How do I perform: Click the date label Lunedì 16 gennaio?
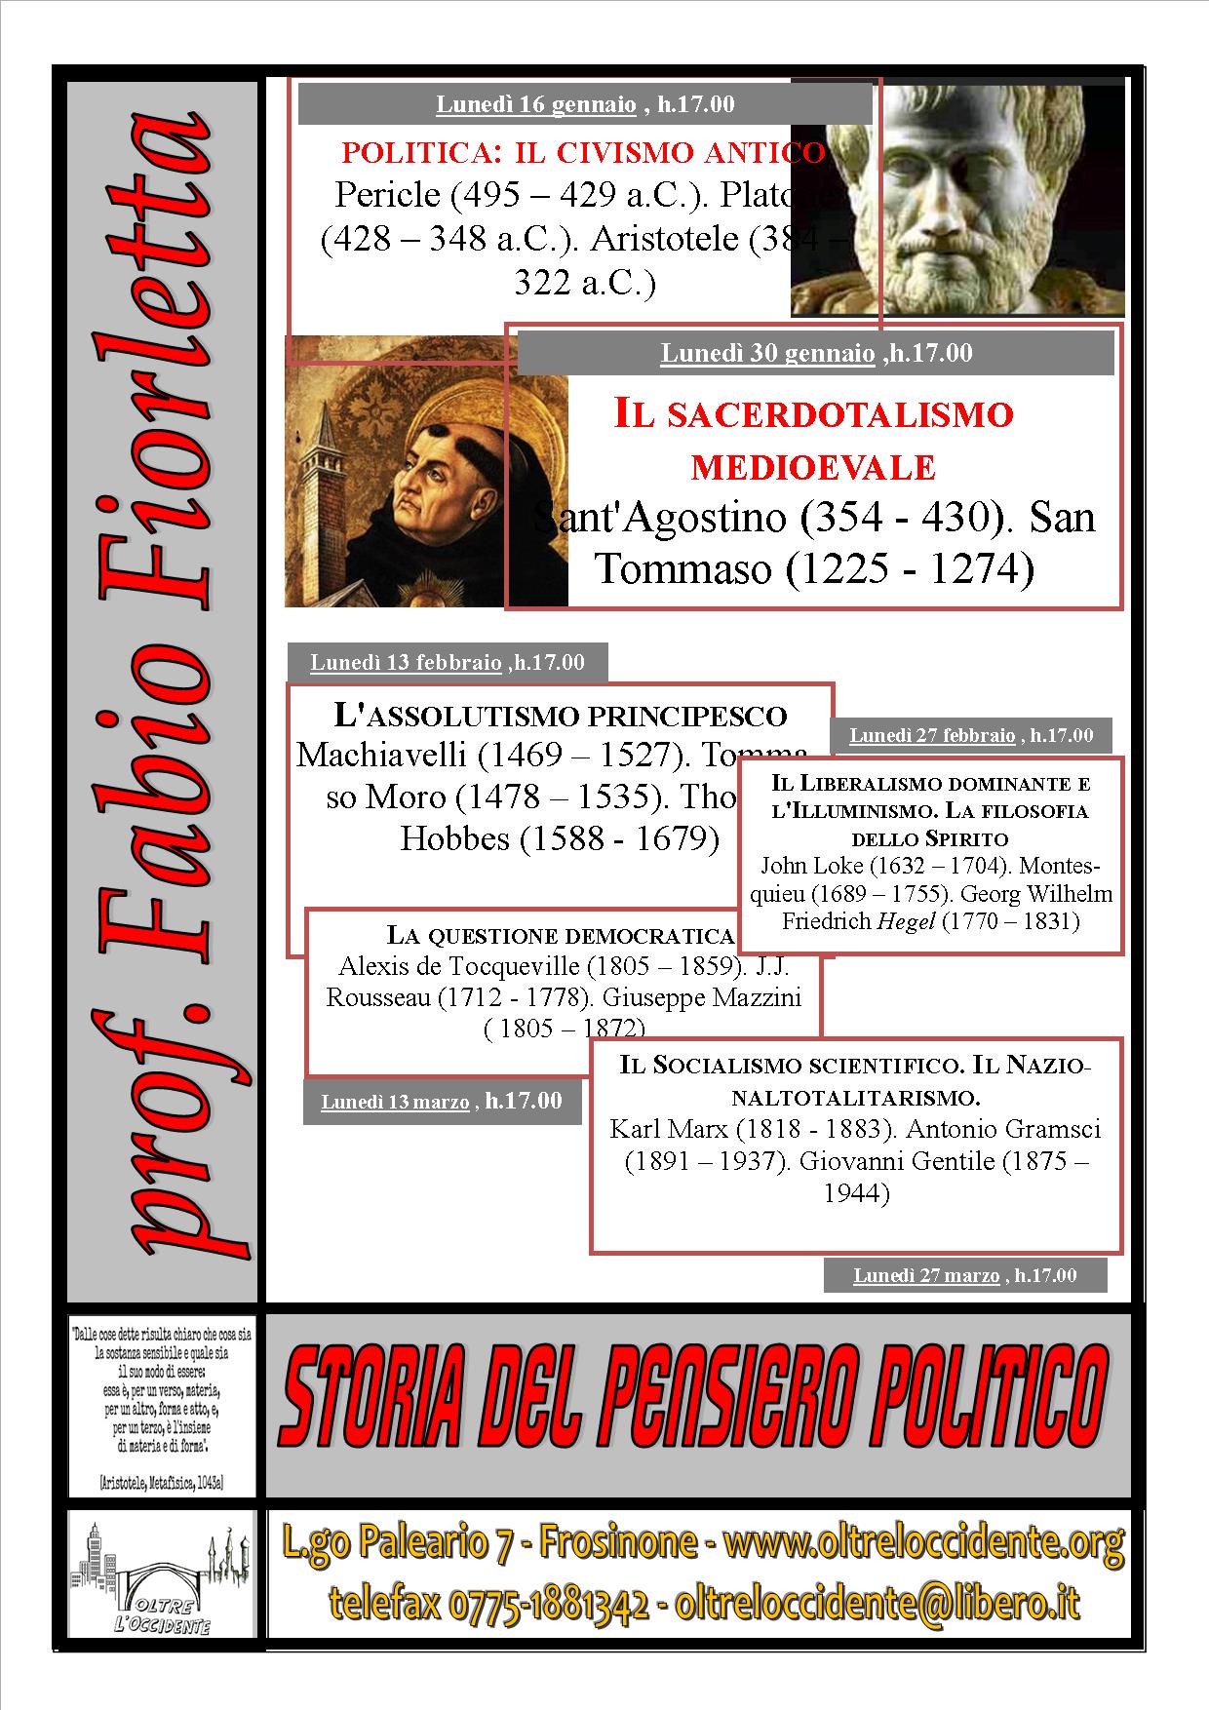(535, 104)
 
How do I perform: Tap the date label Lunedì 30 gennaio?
(767, 353)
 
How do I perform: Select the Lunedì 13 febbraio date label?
(406, 663)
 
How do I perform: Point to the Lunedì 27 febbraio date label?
(932, 735)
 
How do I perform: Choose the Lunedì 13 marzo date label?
(395, 1103)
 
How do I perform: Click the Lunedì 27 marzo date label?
(926, 1275)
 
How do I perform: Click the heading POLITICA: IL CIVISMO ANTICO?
(583, 152)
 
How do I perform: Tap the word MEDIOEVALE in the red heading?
(813, 468)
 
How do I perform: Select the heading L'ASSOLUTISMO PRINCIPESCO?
(560, 716)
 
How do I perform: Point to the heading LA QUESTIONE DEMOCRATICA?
(560, 936)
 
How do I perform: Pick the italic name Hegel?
(906, 921)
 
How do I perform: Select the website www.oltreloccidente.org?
(925, 1541)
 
